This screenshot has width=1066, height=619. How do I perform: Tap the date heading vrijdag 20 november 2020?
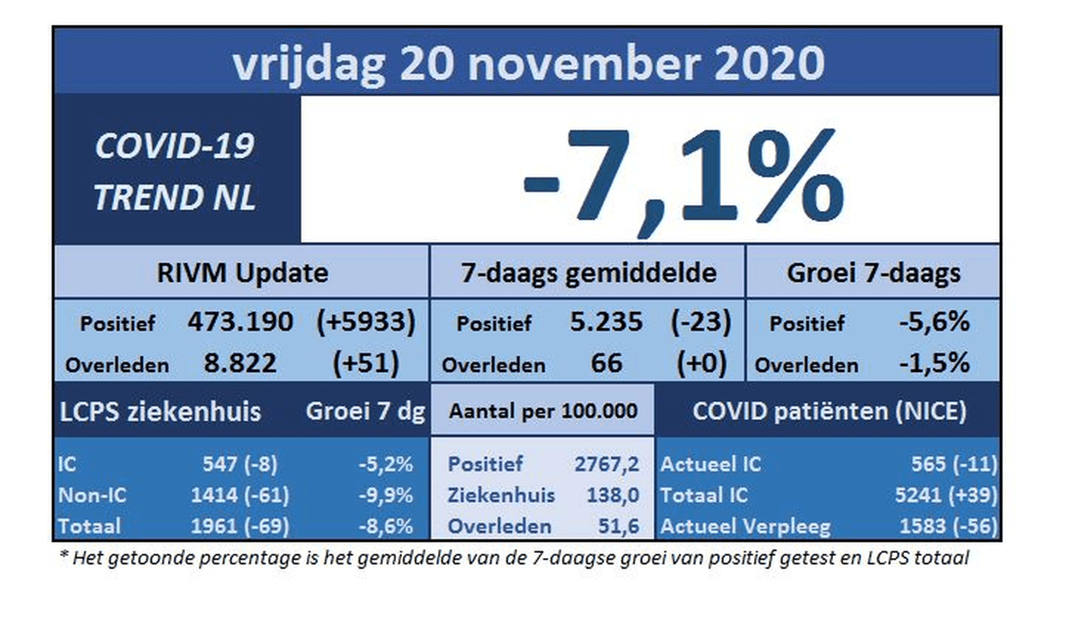point(528,62)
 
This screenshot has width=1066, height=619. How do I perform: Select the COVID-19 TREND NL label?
point(175,171)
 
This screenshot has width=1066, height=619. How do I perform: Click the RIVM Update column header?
point(242,273)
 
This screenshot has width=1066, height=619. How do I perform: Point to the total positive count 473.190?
point(240,322)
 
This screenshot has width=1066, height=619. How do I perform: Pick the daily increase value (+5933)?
point(366,322)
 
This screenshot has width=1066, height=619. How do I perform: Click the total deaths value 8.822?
point(240,363)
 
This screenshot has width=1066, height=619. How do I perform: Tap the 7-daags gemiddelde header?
point(587,273)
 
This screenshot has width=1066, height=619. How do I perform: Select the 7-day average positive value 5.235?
point(606,322)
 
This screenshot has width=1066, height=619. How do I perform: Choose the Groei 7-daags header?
point(873,273)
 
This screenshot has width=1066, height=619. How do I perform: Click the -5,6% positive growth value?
point(934,322)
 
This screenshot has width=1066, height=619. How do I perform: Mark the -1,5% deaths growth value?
point(934,363)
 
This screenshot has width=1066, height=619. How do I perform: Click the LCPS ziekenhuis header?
point(159,412)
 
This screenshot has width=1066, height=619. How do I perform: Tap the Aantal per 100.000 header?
point(543,412)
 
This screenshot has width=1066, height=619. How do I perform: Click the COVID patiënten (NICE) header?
point(829,412)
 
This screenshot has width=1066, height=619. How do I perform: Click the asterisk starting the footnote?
point(63,557)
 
